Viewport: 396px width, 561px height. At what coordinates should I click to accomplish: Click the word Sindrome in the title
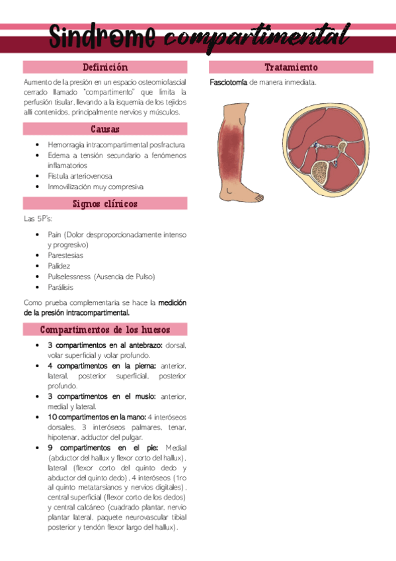click(x=102, y=36)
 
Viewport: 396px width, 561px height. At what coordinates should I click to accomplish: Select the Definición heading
click(x=105, y=67)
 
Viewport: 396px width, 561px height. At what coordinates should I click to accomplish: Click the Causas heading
click(x=105, y=130)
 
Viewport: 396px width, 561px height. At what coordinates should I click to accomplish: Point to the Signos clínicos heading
click(x=105, y=204)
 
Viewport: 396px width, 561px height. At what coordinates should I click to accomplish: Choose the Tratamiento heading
click(x=291, y=67)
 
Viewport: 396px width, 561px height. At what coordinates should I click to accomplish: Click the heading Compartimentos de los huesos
click(x=105, y=329)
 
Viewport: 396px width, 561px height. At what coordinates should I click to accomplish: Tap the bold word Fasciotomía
click(x=228, y=83)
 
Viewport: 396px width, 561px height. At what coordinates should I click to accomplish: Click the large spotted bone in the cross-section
click(x=323, y=174)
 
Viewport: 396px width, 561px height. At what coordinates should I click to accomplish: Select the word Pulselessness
click(x=69, y=277)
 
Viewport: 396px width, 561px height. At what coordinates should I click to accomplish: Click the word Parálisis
click(x=61, y=287)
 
